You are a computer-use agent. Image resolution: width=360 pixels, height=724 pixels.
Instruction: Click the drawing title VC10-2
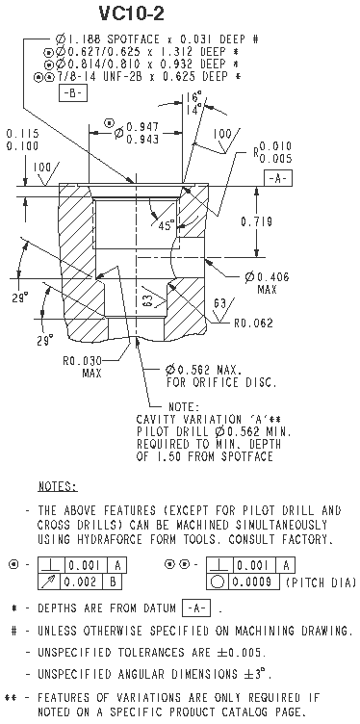point(132,14)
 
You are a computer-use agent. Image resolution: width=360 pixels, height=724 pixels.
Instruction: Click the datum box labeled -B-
point(73,93)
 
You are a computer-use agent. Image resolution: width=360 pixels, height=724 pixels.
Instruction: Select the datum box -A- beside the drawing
point(278,179)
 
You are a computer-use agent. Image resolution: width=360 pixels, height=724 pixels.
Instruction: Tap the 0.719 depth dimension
point(256,221)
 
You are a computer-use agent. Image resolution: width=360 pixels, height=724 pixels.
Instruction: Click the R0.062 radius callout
point(253,323)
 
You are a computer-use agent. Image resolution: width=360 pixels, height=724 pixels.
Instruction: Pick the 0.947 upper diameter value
point(142,126)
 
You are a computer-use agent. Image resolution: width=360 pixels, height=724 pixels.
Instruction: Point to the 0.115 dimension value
point(23,134)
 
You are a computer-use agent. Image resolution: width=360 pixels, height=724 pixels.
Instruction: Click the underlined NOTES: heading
point(58,486)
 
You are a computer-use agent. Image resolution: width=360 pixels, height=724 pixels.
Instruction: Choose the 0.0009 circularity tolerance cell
point(255,582)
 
